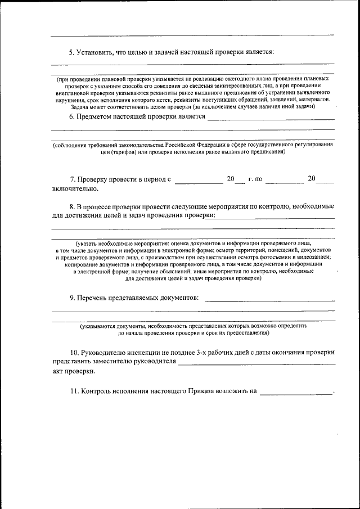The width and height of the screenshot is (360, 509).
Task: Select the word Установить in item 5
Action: [x=94, y=52]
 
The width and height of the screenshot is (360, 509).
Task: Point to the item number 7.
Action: [x=73, y=179]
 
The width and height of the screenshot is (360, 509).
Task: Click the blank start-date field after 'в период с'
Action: [x=199, y=180]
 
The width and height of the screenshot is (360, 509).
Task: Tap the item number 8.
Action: [x=72, y=206]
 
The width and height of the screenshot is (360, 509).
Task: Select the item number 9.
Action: [x=72, y=297]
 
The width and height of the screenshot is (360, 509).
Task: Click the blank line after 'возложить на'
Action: [x=296, y=393]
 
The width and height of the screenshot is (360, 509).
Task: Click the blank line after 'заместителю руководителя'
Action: [x=256, y=363]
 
